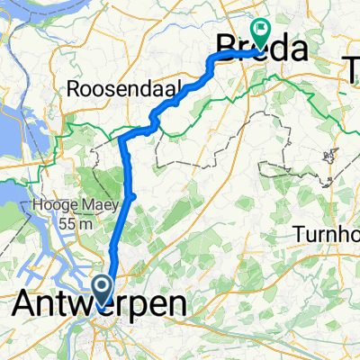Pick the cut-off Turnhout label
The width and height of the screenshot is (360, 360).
(327, 235)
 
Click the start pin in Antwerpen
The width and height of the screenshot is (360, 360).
(103, 289)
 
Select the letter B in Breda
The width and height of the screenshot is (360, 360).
(229, 49)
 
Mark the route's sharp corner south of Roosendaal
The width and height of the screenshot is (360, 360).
(121, 140)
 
